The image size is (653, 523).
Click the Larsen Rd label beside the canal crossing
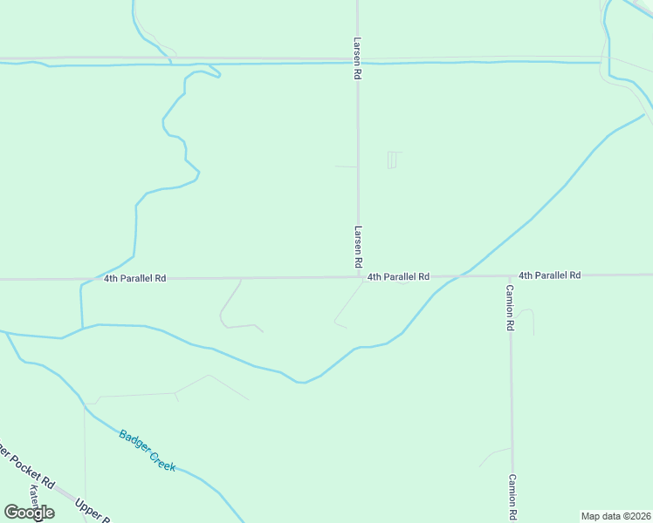[x=358, y=58]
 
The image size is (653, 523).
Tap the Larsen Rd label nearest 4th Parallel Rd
[x=358, y=247]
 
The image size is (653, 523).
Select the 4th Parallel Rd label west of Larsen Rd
[x=134, y=279]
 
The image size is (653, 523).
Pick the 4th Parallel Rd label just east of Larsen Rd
[x=398, y=276]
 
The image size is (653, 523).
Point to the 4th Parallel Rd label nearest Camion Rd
[x=549, y=275]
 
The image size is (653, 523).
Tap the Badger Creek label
[x=148, y=451]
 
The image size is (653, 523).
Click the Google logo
[x=29, y=513]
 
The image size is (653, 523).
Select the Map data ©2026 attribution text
[x=615, y=516]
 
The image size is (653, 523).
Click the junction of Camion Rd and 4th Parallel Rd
[x=511, y=275]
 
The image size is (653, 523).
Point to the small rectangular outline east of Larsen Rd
[x=392, y=160]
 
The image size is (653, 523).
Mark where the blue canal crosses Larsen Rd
[x=358, y=63]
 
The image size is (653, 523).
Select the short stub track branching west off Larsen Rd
[x=346, y=166]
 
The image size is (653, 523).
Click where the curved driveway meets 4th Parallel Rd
[x=241, y=279]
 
